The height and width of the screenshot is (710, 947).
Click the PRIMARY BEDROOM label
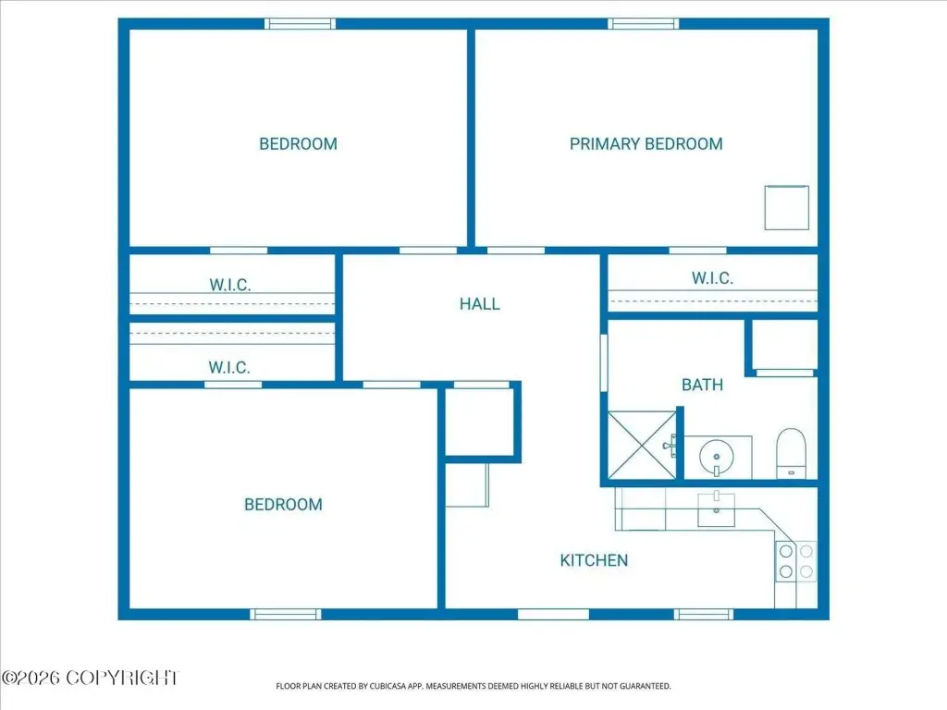click(x=646, y=143)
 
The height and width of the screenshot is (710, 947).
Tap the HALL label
click(x=480, y=303)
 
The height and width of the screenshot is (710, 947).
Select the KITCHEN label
click(x=594, y=560)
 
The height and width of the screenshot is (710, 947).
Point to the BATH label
click(x=702, y=385)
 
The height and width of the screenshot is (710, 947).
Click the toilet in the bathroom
click(x=792, y=453)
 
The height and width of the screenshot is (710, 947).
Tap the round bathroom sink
click(x=717, y=457)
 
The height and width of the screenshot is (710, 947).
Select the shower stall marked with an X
click(x=643, y=446)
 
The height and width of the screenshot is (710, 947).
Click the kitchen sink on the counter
click(x=717, y=510)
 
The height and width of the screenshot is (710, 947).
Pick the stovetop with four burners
click(x=796, y=561)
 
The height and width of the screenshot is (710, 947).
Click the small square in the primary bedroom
click(x=786, y=208)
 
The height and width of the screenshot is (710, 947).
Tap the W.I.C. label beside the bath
click(x=712, y=278)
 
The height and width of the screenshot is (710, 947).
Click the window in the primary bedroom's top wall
click(x=644, y=23)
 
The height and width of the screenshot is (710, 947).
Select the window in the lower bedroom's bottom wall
click(x=286, y=614)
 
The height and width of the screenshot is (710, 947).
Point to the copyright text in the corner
click(x=91, y=678)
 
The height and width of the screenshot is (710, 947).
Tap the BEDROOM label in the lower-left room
click(x=283, y=504)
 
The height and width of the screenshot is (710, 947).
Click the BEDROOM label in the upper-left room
click(x=299, y=143)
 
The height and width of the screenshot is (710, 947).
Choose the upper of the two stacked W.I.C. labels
click(x=230, y=285)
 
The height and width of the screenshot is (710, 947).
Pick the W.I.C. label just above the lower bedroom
click(x=229, y=367)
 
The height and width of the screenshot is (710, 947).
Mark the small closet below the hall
click(x=480, y=422)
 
